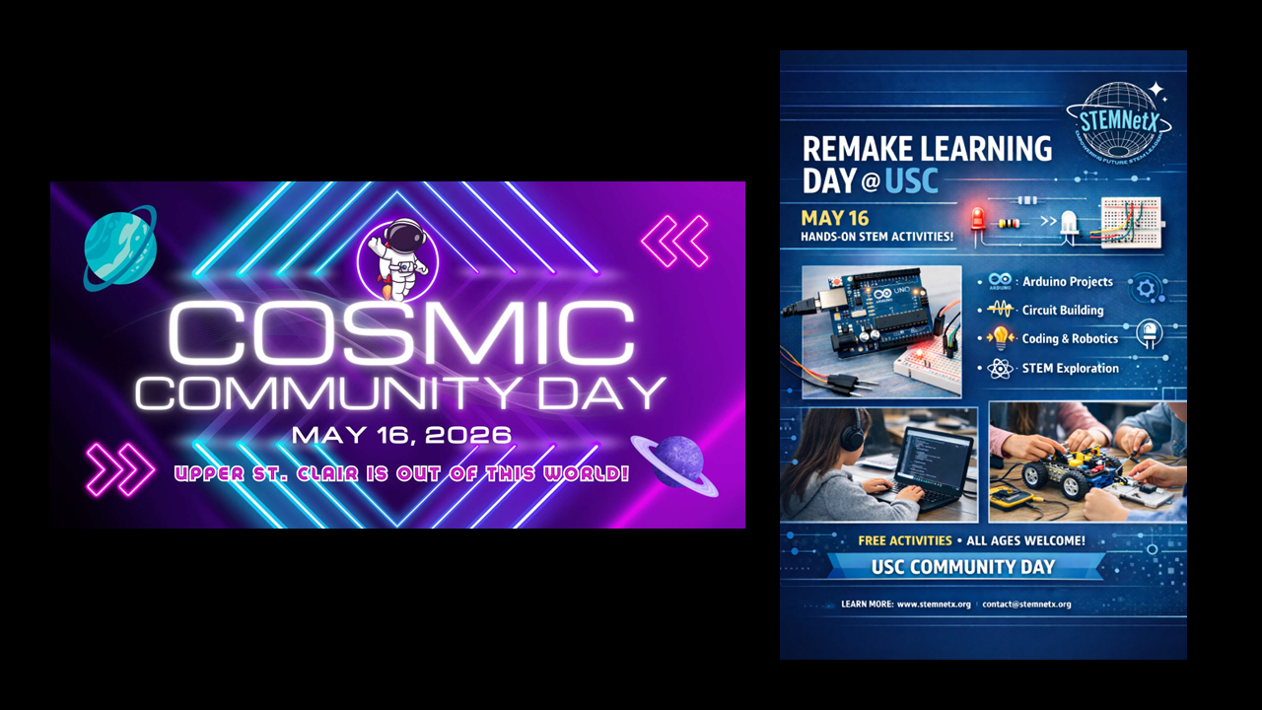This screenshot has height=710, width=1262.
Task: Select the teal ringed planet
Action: pyautogui.click(x=119, y=248)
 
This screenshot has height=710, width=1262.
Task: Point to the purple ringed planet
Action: pyautogui.click(x=675, y=463)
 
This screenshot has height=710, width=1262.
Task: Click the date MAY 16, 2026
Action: pyautogui.click(x=401, y=435)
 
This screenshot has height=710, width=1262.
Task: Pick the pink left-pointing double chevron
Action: pyautogui.click(x=675, y=241)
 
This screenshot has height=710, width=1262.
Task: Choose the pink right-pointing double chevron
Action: pyautogui.click(x=120, y=469)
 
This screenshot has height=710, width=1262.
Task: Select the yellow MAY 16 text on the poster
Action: pyautogui.click(x=834, y=218)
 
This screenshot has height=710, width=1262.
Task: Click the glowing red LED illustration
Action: pyautogui.click(x=978, y=217)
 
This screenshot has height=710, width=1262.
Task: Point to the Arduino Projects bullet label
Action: pyautogui.click(x=1067, y=282)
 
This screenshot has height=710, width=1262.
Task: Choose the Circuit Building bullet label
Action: pyautogui.click(x=1062, y=311)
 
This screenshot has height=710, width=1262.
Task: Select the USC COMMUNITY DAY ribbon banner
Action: pyautogui.click(x=963, y=567)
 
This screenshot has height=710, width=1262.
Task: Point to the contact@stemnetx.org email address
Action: pyautogui.click(x=1026, y=604)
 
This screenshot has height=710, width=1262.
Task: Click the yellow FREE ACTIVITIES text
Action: pyautogui.click(x=904, y=540)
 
